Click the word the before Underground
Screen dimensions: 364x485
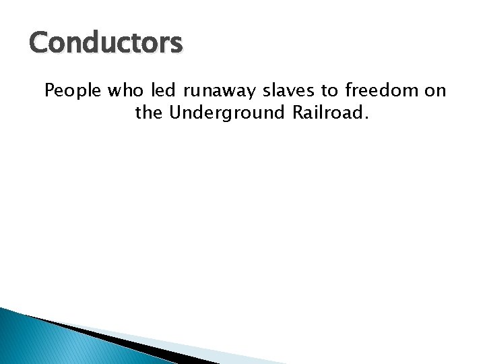pyautogui.click(x=150, y=113)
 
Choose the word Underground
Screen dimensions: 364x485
pyautogui.click(x=229, y=113)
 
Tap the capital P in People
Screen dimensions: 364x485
pyautogui.click(x=49, y=91)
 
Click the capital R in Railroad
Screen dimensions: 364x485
pyautogui.click(x=298, y=113)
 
